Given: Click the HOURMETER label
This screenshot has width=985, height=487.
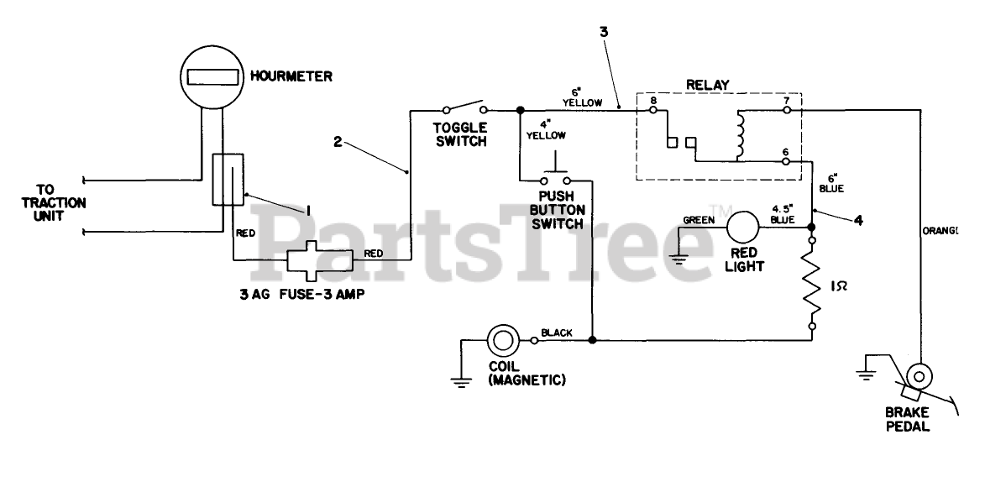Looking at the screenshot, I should click(x=296, y=76).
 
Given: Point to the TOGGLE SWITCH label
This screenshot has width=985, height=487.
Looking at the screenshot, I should click(x=459, y=134).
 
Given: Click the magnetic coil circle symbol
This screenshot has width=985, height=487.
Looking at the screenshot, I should click(x=504, y=340).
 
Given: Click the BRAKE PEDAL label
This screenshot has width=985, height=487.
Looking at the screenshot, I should click(x=907, y=420).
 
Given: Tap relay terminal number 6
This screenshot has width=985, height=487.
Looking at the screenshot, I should click(x=786, y=152).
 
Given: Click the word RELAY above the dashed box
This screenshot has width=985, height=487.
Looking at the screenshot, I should click(x=708, y=84).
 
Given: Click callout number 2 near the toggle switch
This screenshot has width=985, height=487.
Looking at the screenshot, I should click(x=337, y=142).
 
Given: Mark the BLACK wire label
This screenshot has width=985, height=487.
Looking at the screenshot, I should click(x=557, y=333).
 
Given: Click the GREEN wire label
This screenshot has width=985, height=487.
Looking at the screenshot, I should click(x=699, y=220).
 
